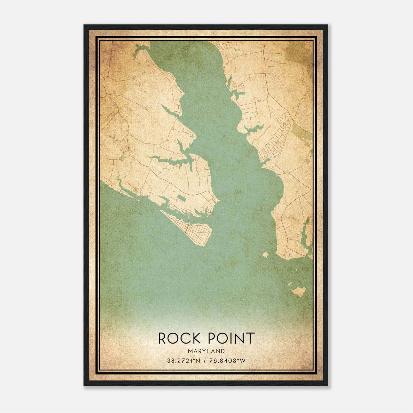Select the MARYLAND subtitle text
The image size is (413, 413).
(206, 351)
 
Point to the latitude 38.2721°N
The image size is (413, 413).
(183, 361)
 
